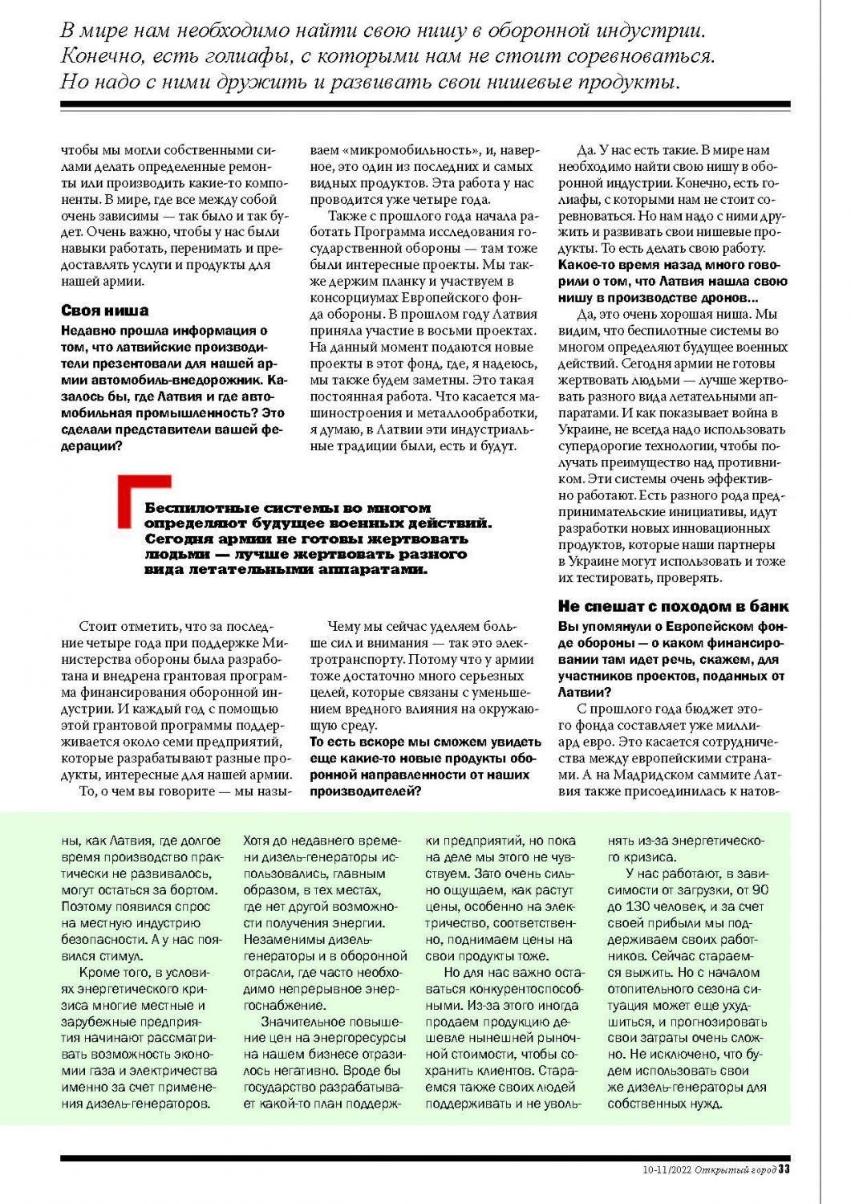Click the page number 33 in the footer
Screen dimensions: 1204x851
pos(784,1169)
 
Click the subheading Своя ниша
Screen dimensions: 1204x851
pos(104,311)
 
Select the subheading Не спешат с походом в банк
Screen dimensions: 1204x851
pos(673,607)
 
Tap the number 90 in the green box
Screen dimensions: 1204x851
pos(760,889)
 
